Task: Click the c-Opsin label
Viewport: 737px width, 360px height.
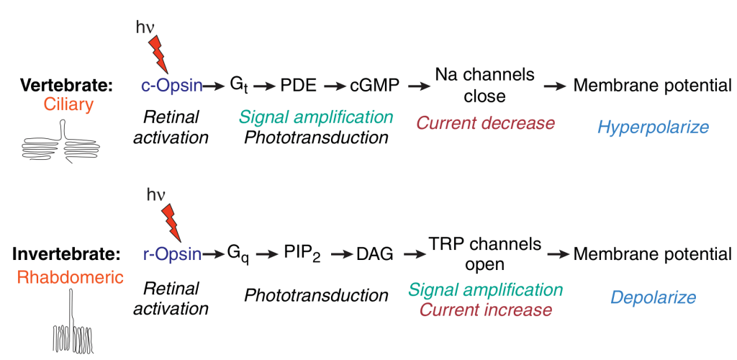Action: click(171, 86)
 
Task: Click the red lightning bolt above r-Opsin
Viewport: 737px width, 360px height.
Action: click(172, 223)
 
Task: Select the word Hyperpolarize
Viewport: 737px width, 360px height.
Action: click(653, 127)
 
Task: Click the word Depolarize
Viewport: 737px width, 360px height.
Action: click(653, 297)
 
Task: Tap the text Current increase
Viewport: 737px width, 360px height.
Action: click(486, 310)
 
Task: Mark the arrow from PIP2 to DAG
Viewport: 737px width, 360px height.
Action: click(338, 254)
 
